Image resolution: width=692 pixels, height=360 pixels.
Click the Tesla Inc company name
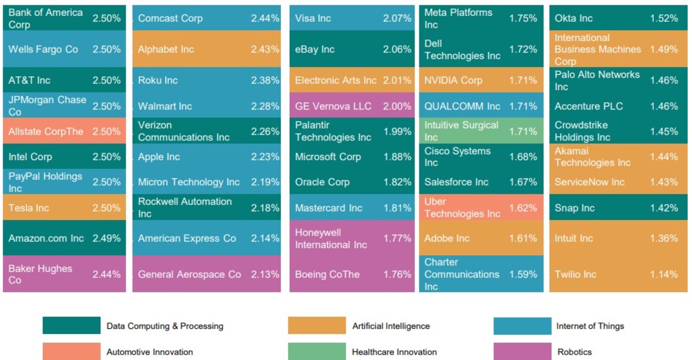coord(28,208)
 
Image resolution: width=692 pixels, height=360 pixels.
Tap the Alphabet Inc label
coord(166,49)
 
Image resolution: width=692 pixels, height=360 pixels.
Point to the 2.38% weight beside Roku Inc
coord(265,81)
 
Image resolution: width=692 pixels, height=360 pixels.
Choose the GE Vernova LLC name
coord(333,106)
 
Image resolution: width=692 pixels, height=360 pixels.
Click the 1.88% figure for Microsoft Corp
coord(397,157)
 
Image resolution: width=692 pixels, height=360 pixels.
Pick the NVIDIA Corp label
coord(453,81)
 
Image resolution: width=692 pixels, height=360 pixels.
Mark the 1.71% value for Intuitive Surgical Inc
coord(523,132)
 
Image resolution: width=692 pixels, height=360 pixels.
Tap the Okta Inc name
coord(573,19)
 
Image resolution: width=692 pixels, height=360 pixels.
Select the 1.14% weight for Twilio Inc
coord(664,275)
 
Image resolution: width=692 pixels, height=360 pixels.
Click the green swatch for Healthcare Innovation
coord(316,351)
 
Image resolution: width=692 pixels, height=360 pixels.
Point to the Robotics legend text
coord(574,352)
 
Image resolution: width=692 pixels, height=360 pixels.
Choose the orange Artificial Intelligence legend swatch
coord(316,326)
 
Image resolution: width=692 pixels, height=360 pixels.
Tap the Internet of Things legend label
coord(590,326)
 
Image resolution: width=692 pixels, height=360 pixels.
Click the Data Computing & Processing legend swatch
coord(71,326)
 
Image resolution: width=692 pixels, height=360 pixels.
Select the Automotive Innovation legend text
coord(150,352)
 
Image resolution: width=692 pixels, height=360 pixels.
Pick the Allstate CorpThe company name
coord(46,132)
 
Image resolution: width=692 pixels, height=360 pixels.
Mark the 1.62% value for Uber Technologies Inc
coord(523,208)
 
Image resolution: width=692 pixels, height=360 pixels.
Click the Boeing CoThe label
coord(327,275)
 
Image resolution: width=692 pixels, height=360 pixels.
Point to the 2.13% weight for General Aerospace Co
coord(265,275)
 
